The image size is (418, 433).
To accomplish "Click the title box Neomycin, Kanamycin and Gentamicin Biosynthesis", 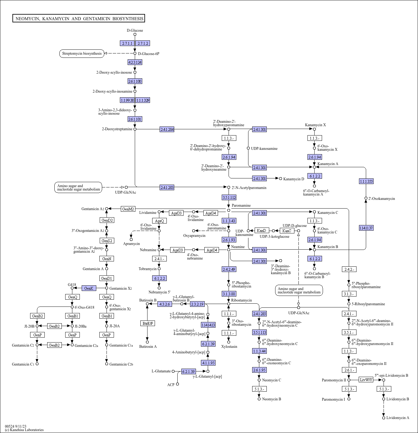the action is coord(79,18).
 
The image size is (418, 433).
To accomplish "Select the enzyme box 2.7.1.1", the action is coord(127,44).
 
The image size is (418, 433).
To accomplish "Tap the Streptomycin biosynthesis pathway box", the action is coord(82,54).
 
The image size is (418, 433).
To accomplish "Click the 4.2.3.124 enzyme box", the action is coord(135,62).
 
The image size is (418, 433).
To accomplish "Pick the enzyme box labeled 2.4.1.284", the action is coord(167,129).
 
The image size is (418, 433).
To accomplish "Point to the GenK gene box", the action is coord(89,288).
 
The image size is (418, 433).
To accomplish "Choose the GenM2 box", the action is coord(128,209).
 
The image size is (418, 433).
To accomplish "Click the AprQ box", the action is coord(159,221).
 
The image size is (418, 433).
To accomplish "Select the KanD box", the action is coord(261,231).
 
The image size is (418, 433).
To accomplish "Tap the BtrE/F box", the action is coord(148,323).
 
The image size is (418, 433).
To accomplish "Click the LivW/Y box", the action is coord(366,380).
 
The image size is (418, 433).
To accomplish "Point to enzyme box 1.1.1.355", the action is coord(366,181).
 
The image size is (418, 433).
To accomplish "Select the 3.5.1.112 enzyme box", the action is coord(229,197).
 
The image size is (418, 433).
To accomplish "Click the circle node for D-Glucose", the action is coord(135,35).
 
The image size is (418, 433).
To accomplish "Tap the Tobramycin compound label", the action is coord(148,269).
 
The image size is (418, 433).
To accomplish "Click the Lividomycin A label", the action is coord(398,418).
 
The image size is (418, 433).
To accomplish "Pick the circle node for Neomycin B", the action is coord(259,399).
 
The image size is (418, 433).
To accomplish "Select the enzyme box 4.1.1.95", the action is coord(208,363).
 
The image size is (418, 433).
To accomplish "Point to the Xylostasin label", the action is coord(229,347).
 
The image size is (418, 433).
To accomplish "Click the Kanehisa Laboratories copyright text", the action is coord(24,430).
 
